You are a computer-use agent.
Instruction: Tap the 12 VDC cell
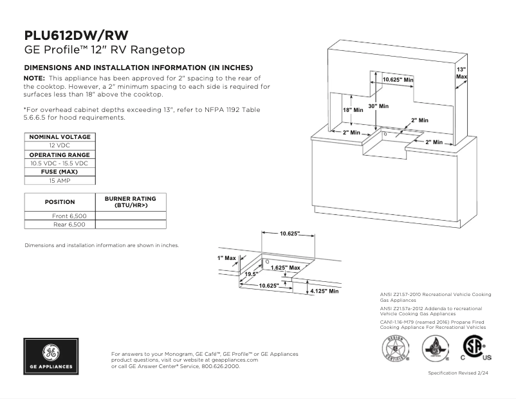59,145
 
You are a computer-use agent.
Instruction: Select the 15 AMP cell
59,181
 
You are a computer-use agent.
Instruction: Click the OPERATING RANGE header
59,154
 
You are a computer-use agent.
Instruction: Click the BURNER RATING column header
130,201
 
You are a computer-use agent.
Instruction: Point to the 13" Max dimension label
461,73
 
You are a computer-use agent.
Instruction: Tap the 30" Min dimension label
378,106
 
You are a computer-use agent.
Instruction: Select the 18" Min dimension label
353,110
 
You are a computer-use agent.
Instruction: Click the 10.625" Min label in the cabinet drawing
398,79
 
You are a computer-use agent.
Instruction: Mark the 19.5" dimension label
251,274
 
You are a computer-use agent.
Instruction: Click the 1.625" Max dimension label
285,268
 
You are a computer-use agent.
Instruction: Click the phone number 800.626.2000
221,366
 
